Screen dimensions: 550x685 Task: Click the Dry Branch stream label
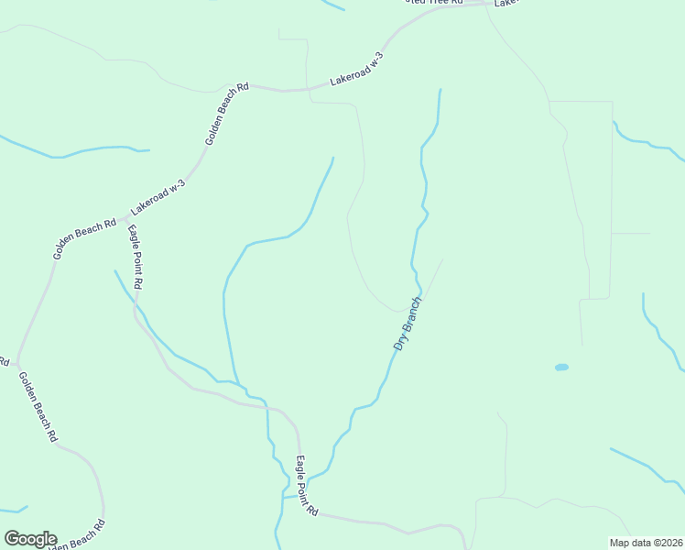tap(407, 324)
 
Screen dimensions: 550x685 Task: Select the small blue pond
tap(561, 368)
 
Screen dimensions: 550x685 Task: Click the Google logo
tap(30, 539)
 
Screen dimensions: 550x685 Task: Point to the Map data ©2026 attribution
tap(646, 543)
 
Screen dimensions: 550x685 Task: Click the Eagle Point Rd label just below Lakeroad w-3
tap(135, 258)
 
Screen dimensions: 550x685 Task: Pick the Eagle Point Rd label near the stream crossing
tap(306, 486)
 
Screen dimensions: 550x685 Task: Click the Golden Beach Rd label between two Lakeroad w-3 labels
tap(226, 115)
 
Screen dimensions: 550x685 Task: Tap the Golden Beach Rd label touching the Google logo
tap(77, 535)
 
